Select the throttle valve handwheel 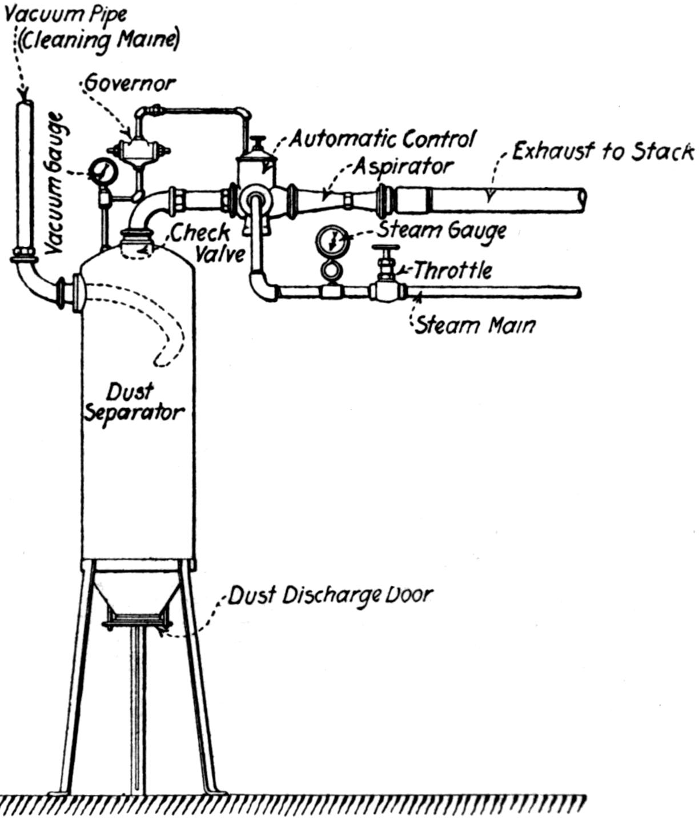[x=386, y=249]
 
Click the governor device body [x=137, y=150]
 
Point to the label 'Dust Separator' [x=134, y=403]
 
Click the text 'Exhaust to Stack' [x=602, y=152]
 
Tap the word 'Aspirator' [x=403, y=166]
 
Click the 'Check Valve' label [x=208, y=242]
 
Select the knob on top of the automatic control [x=260, y=140]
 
